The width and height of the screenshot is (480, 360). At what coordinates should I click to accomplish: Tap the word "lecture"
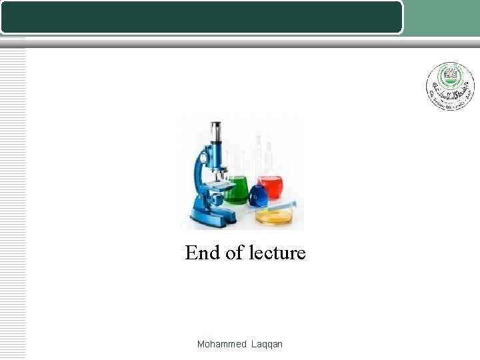point(277,253)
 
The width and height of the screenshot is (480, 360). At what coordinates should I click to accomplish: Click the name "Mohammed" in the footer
point(222,344)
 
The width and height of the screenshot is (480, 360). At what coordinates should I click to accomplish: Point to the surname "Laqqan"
point(267,344)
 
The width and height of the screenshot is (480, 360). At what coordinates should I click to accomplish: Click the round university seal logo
point(450,86)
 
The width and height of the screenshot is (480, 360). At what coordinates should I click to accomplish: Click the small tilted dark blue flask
point(257,195)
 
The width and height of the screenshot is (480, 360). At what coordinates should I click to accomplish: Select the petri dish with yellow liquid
point(275,215)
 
